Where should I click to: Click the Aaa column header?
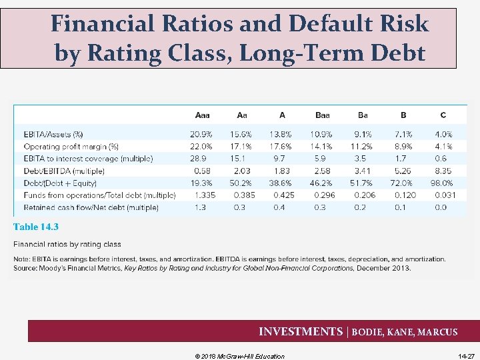tap(201, 115)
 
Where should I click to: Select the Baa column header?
tap(322, 115)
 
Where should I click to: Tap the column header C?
tap(443, 115)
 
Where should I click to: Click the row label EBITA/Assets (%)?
tap(53, 134)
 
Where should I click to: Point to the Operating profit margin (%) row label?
tap(71, 146)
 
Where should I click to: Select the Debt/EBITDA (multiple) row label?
tap(64, 171)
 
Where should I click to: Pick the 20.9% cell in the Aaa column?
tap(201, 134)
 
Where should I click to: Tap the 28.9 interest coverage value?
tap(198, 159)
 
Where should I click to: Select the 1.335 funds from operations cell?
tap(205, 195)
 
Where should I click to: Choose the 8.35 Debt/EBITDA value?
tap(443, 171)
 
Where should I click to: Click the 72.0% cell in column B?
tap(401, 183)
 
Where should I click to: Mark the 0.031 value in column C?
tap(445, 195)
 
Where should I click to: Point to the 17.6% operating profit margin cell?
tap(281, 146)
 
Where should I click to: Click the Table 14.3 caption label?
tap(36, 227)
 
